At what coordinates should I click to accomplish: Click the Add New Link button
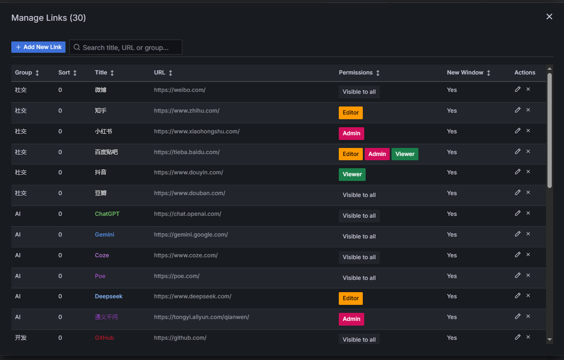[x=38, y=47]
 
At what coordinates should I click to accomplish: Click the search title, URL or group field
[x=126, y=48]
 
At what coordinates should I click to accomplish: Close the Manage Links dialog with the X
[x=549, y=16]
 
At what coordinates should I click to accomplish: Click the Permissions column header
[x=356, y=73]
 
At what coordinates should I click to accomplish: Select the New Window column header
[x=465, y=73]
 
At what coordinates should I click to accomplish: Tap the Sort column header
[x=64, y=73]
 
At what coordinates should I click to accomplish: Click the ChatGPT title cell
[x=107, y=214]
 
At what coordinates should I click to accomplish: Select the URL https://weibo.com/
[x=180, y=90]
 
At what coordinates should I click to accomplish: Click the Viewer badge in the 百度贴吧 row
[x=405, y=154]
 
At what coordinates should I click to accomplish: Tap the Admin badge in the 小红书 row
[x=351, y=133]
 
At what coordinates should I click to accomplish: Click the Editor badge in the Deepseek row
[x=351, y=298]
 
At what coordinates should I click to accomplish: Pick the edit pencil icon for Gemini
[x=517, y=234]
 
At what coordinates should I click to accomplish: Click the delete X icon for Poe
[x=528, y=275]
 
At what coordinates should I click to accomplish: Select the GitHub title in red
[x=104, y=338]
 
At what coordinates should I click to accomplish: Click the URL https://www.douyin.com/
[x=188, y=172]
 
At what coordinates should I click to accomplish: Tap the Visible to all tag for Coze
[x=359, y=257]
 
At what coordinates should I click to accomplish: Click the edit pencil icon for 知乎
[x=517, y=110]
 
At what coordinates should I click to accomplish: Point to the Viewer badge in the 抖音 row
[x=352, y=174]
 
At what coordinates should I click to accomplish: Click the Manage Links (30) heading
[x=49, y=18]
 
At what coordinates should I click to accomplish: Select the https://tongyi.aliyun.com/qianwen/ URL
[x=201, y=317]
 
